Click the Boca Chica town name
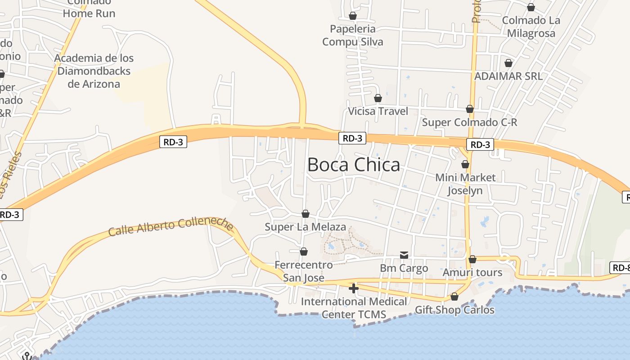[354, 165]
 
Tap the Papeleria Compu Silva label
[353, 36]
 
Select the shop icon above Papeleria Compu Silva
[353, 16]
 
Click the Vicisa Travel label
[378, 111]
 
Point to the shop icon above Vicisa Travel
[378, 98]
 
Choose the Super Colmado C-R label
[469, 122]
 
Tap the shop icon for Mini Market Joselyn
[465, 164]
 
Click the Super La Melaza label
[305, 227]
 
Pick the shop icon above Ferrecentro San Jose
[304, 252]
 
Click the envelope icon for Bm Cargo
[404, 256]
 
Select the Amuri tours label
[472, 273]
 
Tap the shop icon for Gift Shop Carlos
[454, 297]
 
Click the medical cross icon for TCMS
[354, 288]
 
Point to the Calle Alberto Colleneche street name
[171, 227]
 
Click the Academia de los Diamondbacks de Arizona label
[94, 71]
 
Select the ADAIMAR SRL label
[508, 76]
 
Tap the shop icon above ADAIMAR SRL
[508, 63]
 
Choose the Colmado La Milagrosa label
[531, 27]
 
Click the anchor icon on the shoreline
[27, 356]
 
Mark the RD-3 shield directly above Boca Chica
[352, 139]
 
